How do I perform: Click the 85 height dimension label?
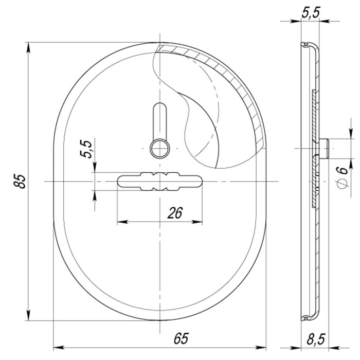pos(20,182)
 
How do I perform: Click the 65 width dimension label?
pos(181,338)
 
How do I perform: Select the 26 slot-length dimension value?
pos(175,213)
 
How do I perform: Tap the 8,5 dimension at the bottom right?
pos(316,339)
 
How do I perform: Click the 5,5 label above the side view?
pos(311,12)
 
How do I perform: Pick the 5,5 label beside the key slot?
pos(86,149)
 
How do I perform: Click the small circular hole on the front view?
pos(160,149)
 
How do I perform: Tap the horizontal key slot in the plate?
pos(160,182)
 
